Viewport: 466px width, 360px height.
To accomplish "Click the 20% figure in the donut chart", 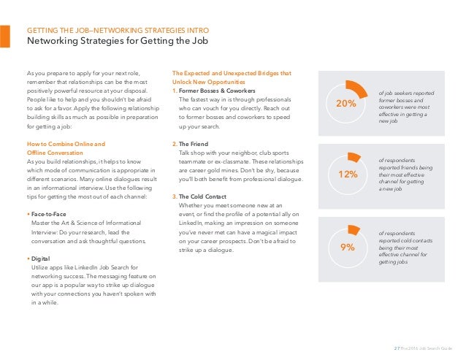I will coord(345,104).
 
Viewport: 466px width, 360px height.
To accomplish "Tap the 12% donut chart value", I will coord(348,175).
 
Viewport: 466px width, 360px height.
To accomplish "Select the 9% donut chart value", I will coord(348,248).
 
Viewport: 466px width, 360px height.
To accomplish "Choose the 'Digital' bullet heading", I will coord(42,259).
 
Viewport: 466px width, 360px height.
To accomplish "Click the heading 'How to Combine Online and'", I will coord(65,144).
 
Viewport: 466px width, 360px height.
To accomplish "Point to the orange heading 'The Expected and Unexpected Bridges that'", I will coord(231,73).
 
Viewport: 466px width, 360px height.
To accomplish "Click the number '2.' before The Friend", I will coord(174,144).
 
